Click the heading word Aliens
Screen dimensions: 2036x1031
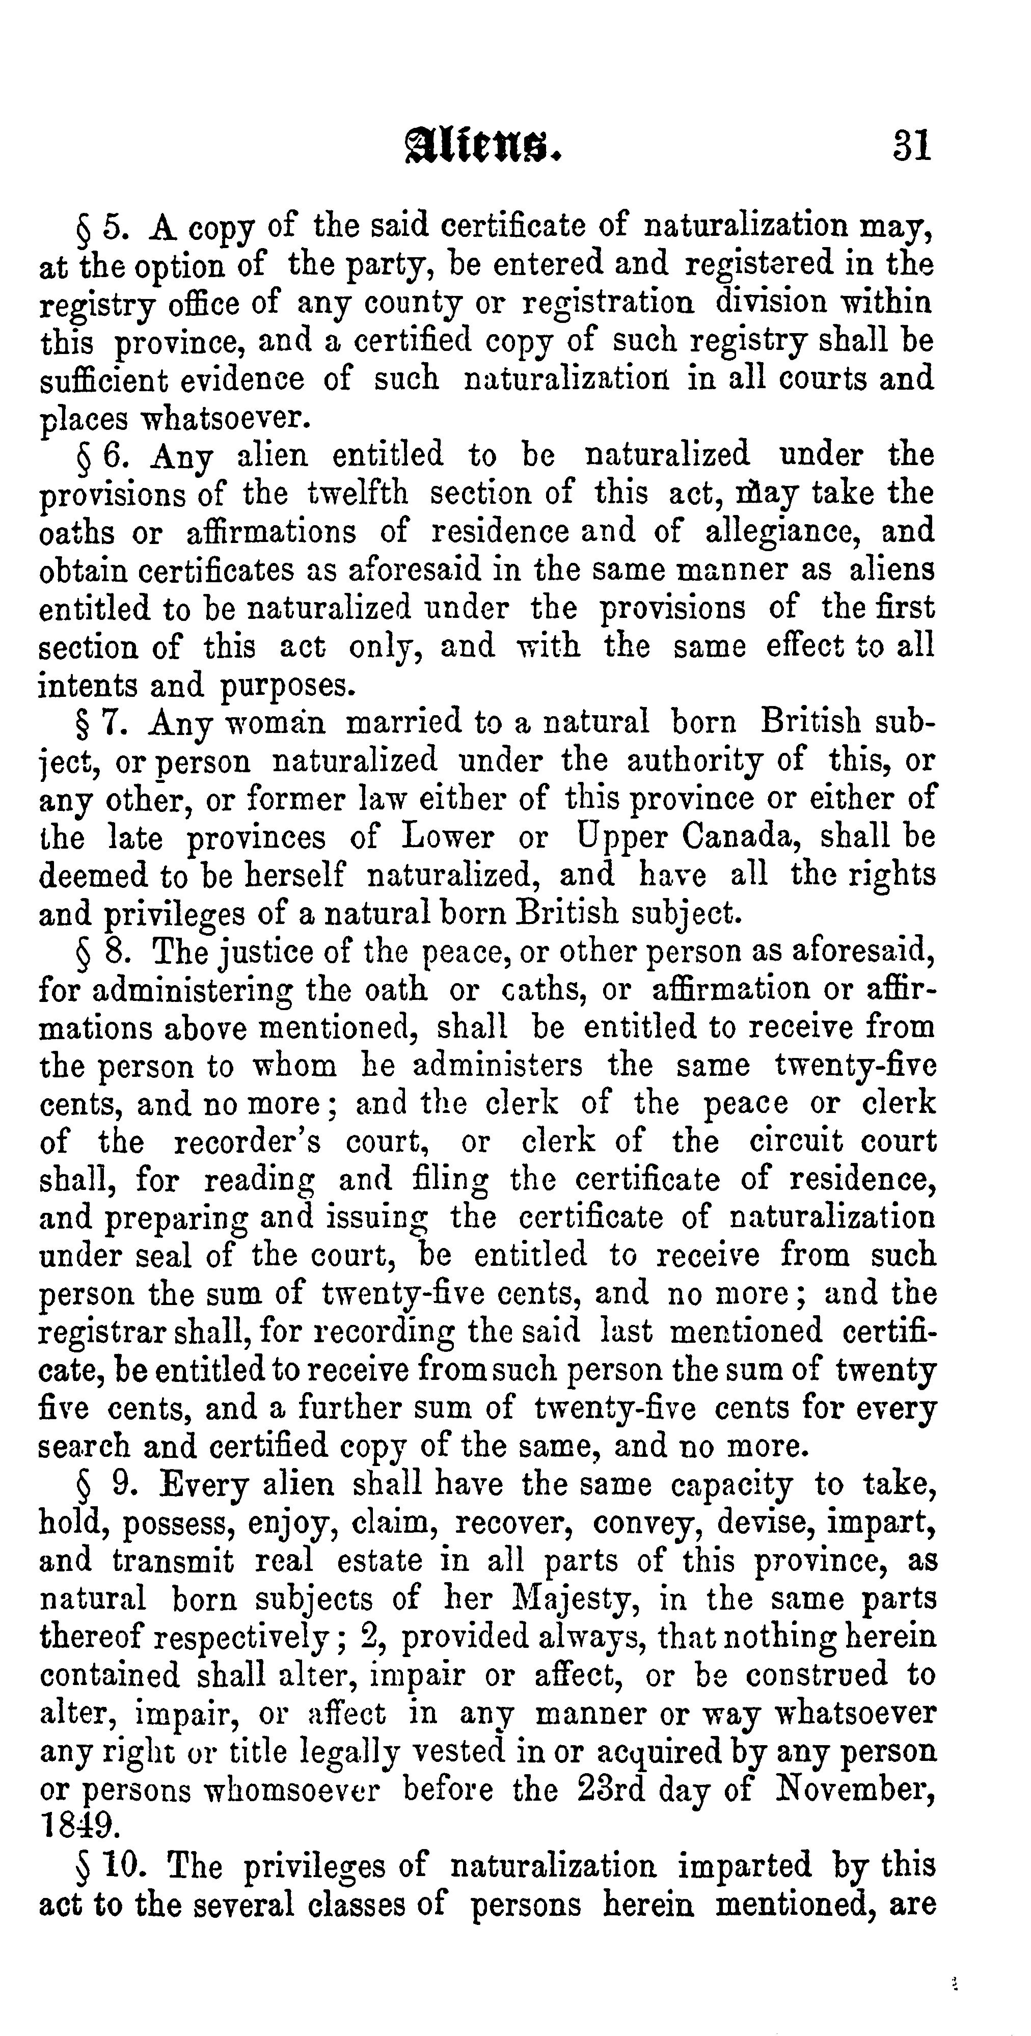pyautogui.click(x=484, y=146)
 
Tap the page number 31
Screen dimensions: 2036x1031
pyautogui.click(x=912, y=146)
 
